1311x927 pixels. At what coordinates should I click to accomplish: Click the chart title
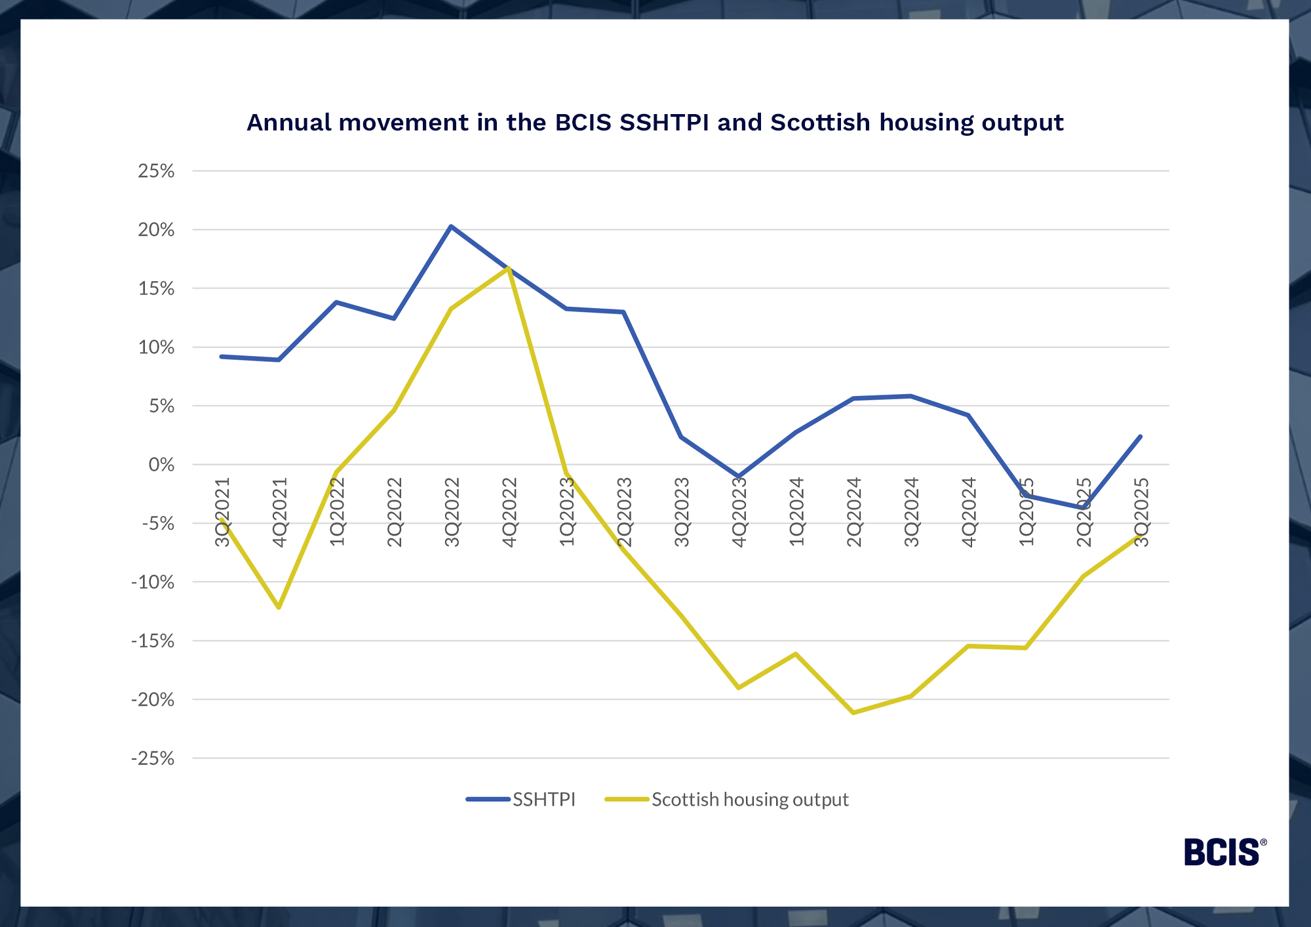pos(655,123)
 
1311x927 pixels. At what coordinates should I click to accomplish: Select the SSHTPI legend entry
pos(543,800)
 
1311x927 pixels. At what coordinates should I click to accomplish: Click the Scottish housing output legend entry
pos(749,800)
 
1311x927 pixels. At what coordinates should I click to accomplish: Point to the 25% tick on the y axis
pos(156,171)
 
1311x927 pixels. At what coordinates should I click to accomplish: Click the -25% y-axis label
pos(153,759)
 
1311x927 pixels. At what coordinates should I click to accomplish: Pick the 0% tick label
pos(161,465)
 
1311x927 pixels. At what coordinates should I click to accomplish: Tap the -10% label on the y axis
pos(153,582)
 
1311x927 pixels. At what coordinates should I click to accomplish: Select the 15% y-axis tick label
pos(156,288)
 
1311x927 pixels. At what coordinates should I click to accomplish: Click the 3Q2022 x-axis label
pos(452,512)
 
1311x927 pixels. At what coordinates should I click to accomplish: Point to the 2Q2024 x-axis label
pos(854,512)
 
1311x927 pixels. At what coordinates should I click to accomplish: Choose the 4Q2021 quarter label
pos(280,512)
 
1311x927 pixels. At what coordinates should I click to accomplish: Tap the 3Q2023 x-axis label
pos(682,512)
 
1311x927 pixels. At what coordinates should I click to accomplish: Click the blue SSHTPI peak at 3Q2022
pos(451,226)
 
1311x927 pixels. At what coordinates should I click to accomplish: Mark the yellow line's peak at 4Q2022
pos(509,267)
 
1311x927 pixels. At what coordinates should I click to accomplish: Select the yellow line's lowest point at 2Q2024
pos(853,713)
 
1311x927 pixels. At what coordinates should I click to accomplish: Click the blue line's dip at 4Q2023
pos(739,477)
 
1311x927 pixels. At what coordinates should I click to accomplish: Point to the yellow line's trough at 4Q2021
pos(279,608)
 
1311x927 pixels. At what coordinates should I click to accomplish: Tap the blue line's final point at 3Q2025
pos(1141,436)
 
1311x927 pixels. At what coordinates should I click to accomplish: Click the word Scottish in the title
pos(820,123)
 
